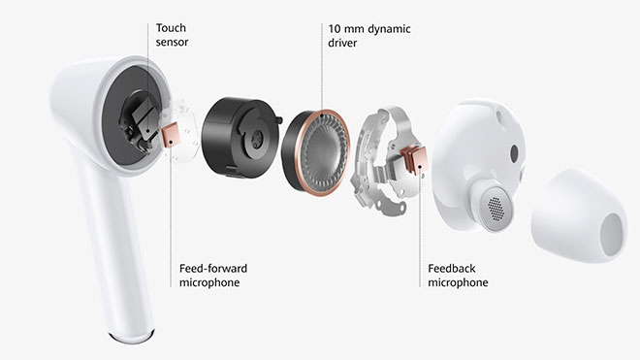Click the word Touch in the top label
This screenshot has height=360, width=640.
(x=171, y=28)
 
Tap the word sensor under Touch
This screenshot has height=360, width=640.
(x=172, y=42)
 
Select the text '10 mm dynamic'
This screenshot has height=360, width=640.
(x=369, y=29)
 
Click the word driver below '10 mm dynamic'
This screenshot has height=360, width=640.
(x=342, y=43)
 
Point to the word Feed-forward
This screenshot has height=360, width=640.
(x=213, y=269)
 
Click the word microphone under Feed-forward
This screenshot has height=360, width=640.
(x=209, y=282)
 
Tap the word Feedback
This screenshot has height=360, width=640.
(x=452, y=269)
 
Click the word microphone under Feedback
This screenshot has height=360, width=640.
(x=458, y=282)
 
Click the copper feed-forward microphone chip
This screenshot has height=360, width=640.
(x=171, y=136)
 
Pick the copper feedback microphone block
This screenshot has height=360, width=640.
(x=415, y=159)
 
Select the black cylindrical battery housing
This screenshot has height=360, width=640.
(x=241, y=137)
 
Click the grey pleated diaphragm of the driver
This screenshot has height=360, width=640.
(x=325, y=152)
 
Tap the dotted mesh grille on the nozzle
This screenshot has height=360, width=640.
(x=496, y=209)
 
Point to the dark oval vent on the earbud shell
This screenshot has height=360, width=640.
(x=514, y=153)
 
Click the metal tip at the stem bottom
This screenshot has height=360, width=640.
(x=132, y=337)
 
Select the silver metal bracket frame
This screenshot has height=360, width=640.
(x=384, y=161)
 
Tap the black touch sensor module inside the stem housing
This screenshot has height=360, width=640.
(x=138, y=122)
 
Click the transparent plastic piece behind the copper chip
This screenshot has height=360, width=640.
(x=182, y=131)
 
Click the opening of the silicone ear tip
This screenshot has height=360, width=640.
(x=613, y=235)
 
